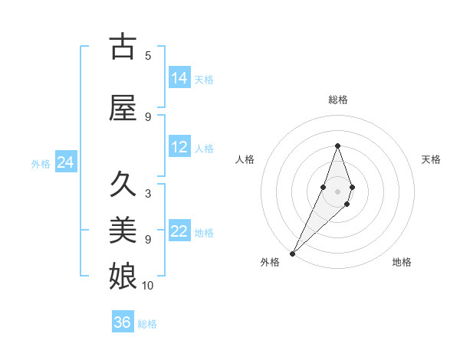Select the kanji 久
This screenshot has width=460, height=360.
click(x=123, y=185)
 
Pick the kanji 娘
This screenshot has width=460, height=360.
click(x=123, y=273)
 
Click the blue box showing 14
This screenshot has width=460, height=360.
click(x=179, y=78)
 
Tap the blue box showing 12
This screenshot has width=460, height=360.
click(x=179, y=148)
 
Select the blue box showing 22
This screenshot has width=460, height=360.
click(x=179, y=232)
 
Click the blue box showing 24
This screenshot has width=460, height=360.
click(x=65, y=162)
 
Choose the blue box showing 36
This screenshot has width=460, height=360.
click(x=123, y=322)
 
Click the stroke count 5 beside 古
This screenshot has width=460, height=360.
click(x=148, y=55)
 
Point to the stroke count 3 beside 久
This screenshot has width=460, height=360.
click(x=148, y=194)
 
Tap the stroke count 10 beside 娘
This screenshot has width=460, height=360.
click(x=148, y=286)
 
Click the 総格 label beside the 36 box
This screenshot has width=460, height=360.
click(x=148, y=324)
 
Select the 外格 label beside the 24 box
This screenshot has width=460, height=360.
click(x=41, y=164)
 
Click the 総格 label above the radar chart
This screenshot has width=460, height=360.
click(x=338, y=100)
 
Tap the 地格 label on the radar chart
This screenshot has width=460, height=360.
click(x=402, y=262)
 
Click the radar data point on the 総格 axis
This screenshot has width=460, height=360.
click(x=337, y=146)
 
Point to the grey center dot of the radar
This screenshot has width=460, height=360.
click(x=337, y=191)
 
